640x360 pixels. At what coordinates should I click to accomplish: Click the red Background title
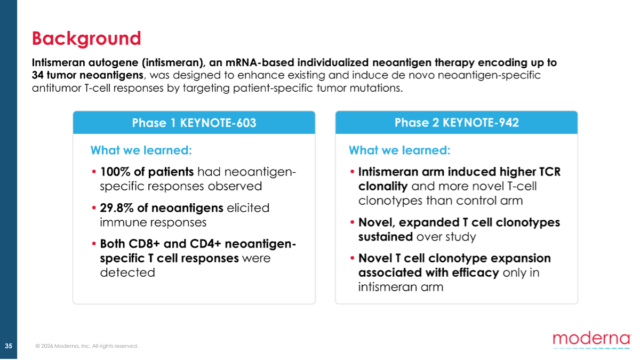click(x=86, y=38)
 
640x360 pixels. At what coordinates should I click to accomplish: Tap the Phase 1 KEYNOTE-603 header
click(x=194, y=123)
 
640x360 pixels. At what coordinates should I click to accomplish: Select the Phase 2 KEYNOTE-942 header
click(x=457, y=123)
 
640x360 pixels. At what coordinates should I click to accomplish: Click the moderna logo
click(x=591, y=340)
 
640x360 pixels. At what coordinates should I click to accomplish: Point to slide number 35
click(x=9, y=346)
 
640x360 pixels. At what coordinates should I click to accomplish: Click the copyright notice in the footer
click(x=86, y=346)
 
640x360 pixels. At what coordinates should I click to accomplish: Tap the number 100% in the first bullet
click(x=115, y=172)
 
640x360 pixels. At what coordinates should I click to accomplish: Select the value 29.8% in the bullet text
click(x=117, y=207)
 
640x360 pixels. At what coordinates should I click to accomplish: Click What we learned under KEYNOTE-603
click(x=141, y=150)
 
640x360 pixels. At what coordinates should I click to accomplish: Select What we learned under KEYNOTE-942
click(x=399, y=150)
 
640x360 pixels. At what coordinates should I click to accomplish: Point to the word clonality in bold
click(x=383, y=186)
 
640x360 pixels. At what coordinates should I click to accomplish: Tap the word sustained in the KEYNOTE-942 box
click(x=386, y=237)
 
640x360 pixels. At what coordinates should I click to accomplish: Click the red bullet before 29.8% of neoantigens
click(x=94, y=207)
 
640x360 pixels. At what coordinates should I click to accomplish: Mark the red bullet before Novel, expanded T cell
click(x=352, y=222)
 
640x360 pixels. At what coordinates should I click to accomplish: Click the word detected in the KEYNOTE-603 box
click(x=127, y=273)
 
